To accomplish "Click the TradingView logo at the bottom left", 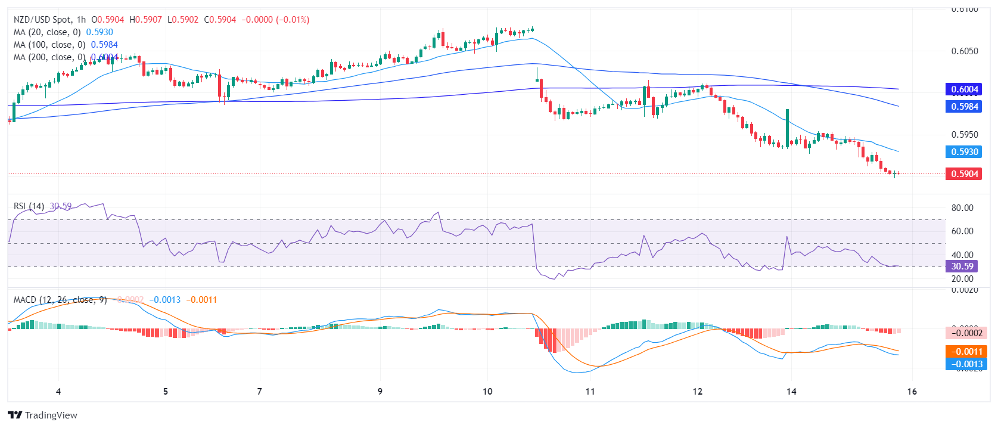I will click(x=42, y=415).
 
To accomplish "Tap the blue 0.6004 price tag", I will click(x=963, y=89).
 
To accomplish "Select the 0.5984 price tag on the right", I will click(x=963, y=107).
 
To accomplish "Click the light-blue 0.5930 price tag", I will click(x=963, y=152).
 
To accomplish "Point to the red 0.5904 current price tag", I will click(x=963, y=174).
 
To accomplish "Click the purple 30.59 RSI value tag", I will click(x=962, y=266).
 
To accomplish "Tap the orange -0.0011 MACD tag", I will click(x=966, y=352).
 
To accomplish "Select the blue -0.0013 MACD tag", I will click(x=966, y=364).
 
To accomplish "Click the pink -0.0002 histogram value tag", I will click(x=966, y=333).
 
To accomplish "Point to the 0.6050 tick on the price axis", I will click(x=964, y=51).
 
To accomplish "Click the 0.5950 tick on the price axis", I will click(x=964, y=135).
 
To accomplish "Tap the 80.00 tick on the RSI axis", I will click(x=962, y=208).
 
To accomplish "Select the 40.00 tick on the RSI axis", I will click(x=962, y=255).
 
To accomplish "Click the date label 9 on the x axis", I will click(x=380, y=392).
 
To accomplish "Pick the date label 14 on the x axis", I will click(x=791, y=392).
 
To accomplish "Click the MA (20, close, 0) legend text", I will click(x=47, y=32).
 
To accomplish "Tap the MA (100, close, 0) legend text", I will click(x=49, y=45).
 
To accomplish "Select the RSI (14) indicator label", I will click(x=29, y=206).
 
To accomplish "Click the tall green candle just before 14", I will click(x=787, y=127).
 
